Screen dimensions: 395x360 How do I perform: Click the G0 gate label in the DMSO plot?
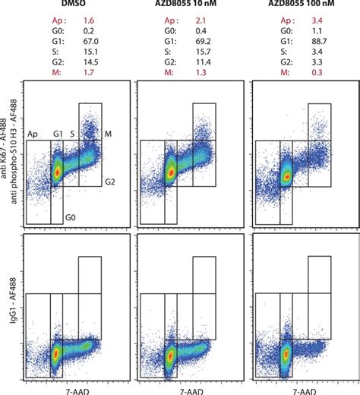click(70, 217)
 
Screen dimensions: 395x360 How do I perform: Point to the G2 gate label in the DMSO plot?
click(110, 182)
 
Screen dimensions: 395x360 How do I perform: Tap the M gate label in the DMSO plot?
click(108, 134)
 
